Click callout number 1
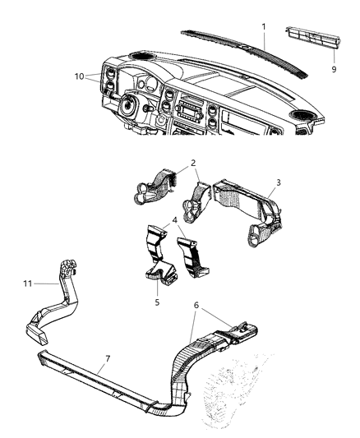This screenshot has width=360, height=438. click(x=264, y=26)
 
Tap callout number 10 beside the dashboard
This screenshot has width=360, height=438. click(x=78, y=76)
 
